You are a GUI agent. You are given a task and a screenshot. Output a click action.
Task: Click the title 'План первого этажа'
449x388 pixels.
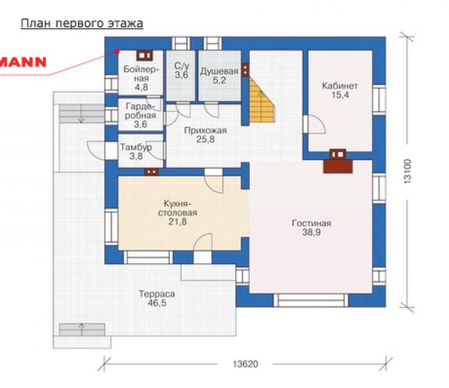[x=82, y=24]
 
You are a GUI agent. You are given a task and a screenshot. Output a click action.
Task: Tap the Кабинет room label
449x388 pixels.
[x=340, y=86]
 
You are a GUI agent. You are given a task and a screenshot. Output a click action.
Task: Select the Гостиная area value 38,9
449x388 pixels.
[x=311, y=232]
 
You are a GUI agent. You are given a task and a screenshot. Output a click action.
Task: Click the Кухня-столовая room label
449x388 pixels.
[x=178, y=209]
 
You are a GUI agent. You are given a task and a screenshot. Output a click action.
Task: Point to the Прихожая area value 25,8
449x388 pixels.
[x=206, y=139]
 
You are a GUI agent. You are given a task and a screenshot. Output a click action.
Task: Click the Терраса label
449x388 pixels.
[x=157, y=294]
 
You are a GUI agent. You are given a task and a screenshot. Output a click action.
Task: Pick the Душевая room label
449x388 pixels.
[x=219, y=72]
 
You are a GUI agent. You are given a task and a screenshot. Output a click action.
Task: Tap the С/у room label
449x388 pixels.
[x=181, y=66]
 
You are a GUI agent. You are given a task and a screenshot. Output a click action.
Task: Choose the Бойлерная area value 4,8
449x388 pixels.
[x=141, y=87]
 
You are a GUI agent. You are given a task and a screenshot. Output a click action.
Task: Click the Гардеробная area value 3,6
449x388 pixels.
[x=140, y=124]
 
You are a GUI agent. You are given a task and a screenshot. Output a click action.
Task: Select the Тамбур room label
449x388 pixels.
[x=136, y=147]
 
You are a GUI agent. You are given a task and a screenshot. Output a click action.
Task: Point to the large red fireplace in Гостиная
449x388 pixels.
[x=338, y=167]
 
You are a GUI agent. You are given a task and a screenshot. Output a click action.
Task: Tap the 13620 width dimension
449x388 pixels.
[x=245, y=364]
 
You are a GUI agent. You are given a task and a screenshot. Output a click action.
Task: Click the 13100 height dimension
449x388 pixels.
[x=407, y=171]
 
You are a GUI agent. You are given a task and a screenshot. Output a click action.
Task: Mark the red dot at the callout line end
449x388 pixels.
[x=117, y=52]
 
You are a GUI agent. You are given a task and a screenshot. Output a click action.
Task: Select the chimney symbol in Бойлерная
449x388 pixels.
[x=144, y=56]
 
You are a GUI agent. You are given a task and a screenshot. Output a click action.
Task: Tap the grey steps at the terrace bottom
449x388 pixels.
[x=82, y=330]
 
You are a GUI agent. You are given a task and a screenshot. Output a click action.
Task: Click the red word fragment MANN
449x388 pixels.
[x=23, y=62]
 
